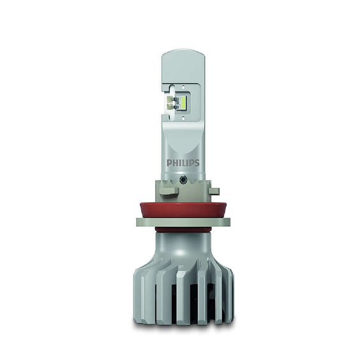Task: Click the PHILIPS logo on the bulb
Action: click(183, 163)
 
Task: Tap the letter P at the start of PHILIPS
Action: click(169, 163)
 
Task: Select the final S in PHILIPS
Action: click(197, 163)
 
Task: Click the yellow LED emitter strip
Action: click(183, 101)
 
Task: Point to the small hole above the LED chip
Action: click(183, 88)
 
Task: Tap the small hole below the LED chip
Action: click(183, 118)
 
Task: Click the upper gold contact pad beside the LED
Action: click(170, 99)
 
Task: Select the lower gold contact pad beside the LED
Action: click(170, 106)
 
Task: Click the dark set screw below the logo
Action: click(183, 178)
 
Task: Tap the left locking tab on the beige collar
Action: click(170, 191)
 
